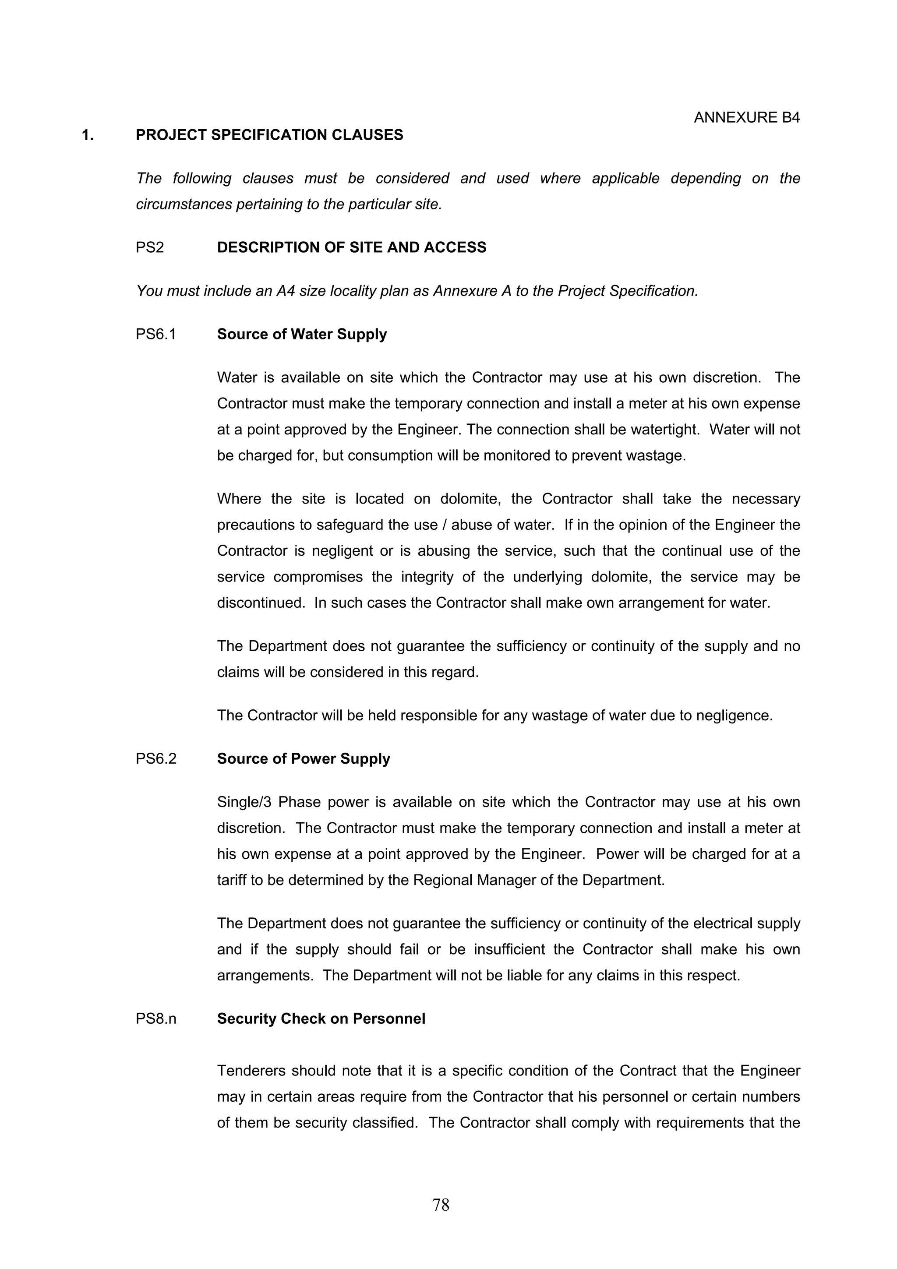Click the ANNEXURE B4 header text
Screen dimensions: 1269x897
(746, 118)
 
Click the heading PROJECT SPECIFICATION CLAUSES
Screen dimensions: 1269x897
(269, 135)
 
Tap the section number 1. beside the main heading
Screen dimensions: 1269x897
(87, 135)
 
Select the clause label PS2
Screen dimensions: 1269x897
(150, 247)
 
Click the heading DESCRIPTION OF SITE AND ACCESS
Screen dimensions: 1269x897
(352, 247)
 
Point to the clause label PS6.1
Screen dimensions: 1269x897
(155, 335)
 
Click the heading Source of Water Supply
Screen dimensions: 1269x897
(302, 335)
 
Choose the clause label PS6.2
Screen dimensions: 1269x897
(156, 759)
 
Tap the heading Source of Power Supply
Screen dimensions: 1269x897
(304, 759)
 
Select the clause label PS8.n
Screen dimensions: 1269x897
(156, 1019)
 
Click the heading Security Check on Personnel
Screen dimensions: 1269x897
(321, 1019)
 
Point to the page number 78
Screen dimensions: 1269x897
(441, 1205)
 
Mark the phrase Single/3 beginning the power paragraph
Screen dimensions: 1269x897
(244, 802)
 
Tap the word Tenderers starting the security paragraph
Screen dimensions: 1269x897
(251, 1071)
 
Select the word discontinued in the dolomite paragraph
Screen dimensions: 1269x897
(260, 603)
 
